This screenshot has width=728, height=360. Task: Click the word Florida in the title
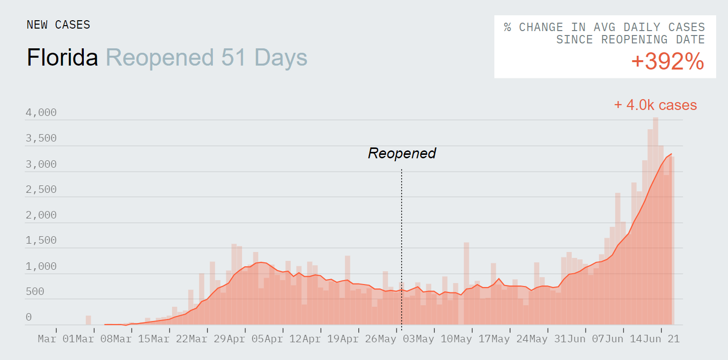coord(63,58)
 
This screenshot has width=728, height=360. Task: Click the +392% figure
coord(667,62)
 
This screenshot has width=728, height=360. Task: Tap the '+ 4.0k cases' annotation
coord(655,105)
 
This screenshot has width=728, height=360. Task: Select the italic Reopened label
coord(402,153)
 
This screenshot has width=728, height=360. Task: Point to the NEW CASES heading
coord(58,25)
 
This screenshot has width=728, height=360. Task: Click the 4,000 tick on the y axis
coord(41,113)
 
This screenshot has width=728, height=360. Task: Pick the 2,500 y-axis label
coord(41,190)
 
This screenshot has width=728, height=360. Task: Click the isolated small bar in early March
coord(88,320)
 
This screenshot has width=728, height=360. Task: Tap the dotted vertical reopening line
coord(401,247)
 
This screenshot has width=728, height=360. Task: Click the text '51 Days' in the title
coord(264,58)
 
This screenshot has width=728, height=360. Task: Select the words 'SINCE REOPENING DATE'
coord(630,40)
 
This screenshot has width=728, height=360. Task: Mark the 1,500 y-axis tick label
coord(41,241)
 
